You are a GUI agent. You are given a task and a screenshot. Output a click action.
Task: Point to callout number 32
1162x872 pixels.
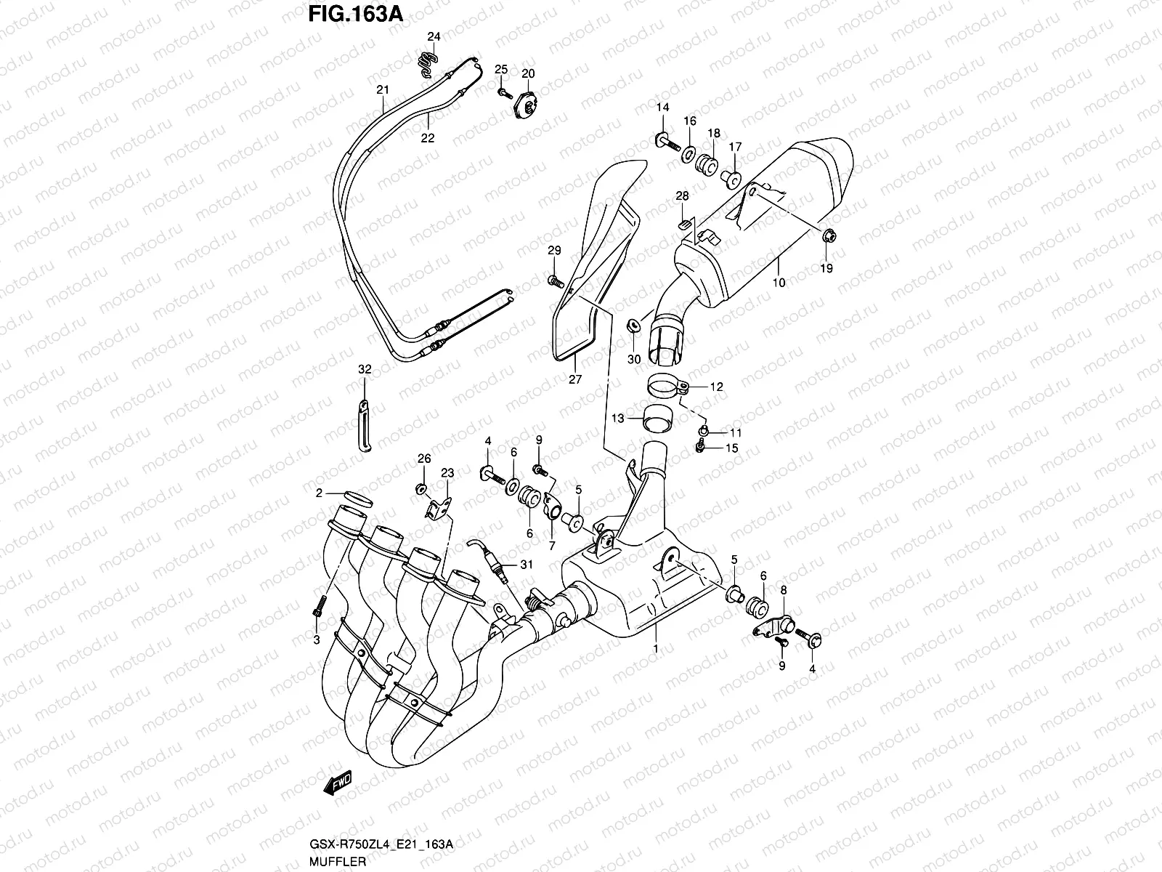click(365, 370)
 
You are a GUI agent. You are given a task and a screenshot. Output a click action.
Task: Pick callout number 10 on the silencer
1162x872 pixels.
click(779, 283)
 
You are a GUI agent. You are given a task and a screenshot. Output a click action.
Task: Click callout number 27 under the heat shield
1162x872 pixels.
click(575, 379)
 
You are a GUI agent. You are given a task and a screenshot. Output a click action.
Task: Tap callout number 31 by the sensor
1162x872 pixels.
click(527, 565)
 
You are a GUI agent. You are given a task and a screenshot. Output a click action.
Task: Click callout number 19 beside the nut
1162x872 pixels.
click(826, 268)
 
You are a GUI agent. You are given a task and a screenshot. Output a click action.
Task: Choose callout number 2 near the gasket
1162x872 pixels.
click(318, 494)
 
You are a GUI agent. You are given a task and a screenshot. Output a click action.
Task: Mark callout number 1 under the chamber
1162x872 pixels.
click(655, 647)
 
